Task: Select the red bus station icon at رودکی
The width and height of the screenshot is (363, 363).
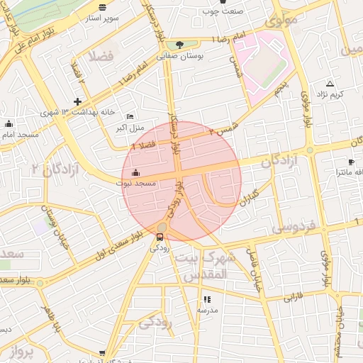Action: [159, 237]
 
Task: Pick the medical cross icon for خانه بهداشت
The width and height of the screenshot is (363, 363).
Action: [77, 102]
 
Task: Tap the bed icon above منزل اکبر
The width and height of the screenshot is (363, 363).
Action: [129, 117]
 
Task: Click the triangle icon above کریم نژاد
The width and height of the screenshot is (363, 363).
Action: [329, 84]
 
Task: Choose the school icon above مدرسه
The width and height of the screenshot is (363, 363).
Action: [207, 300]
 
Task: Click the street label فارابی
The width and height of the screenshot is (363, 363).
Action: [293, 296]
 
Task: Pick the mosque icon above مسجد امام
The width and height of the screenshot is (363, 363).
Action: [9, 124]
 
